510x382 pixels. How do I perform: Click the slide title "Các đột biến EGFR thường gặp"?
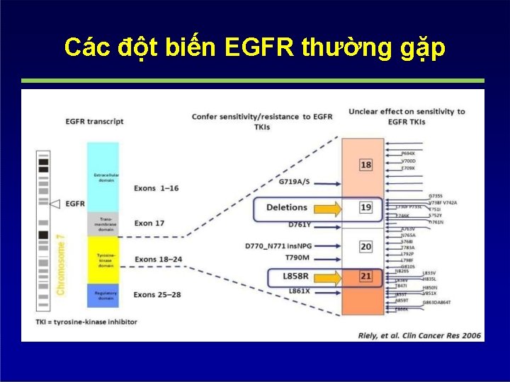[x=254, y=47]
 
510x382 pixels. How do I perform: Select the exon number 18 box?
[x=365, y=165]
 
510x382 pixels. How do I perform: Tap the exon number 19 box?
[x=365, y=208]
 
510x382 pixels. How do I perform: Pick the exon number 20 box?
[x=365, y=246]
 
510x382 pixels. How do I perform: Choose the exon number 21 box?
[x=365, y=276]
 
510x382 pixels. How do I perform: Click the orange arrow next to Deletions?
[x=327, y=208]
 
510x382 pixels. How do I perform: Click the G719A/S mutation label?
[x=295, y=182]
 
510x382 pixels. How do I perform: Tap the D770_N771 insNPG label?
[x=278, y=245]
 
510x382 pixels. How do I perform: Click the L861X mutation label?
[x=300, y=291]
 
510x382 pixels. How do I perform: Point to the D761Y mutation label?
[x=300, y=224]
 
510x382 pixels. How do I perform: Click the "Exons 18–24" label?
[x=158, y=260]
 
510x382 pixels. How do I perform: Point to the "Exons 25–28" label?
[x=158, y=294]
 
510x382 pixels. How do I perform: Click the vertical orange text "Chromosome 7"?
[x=62, y=259]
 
